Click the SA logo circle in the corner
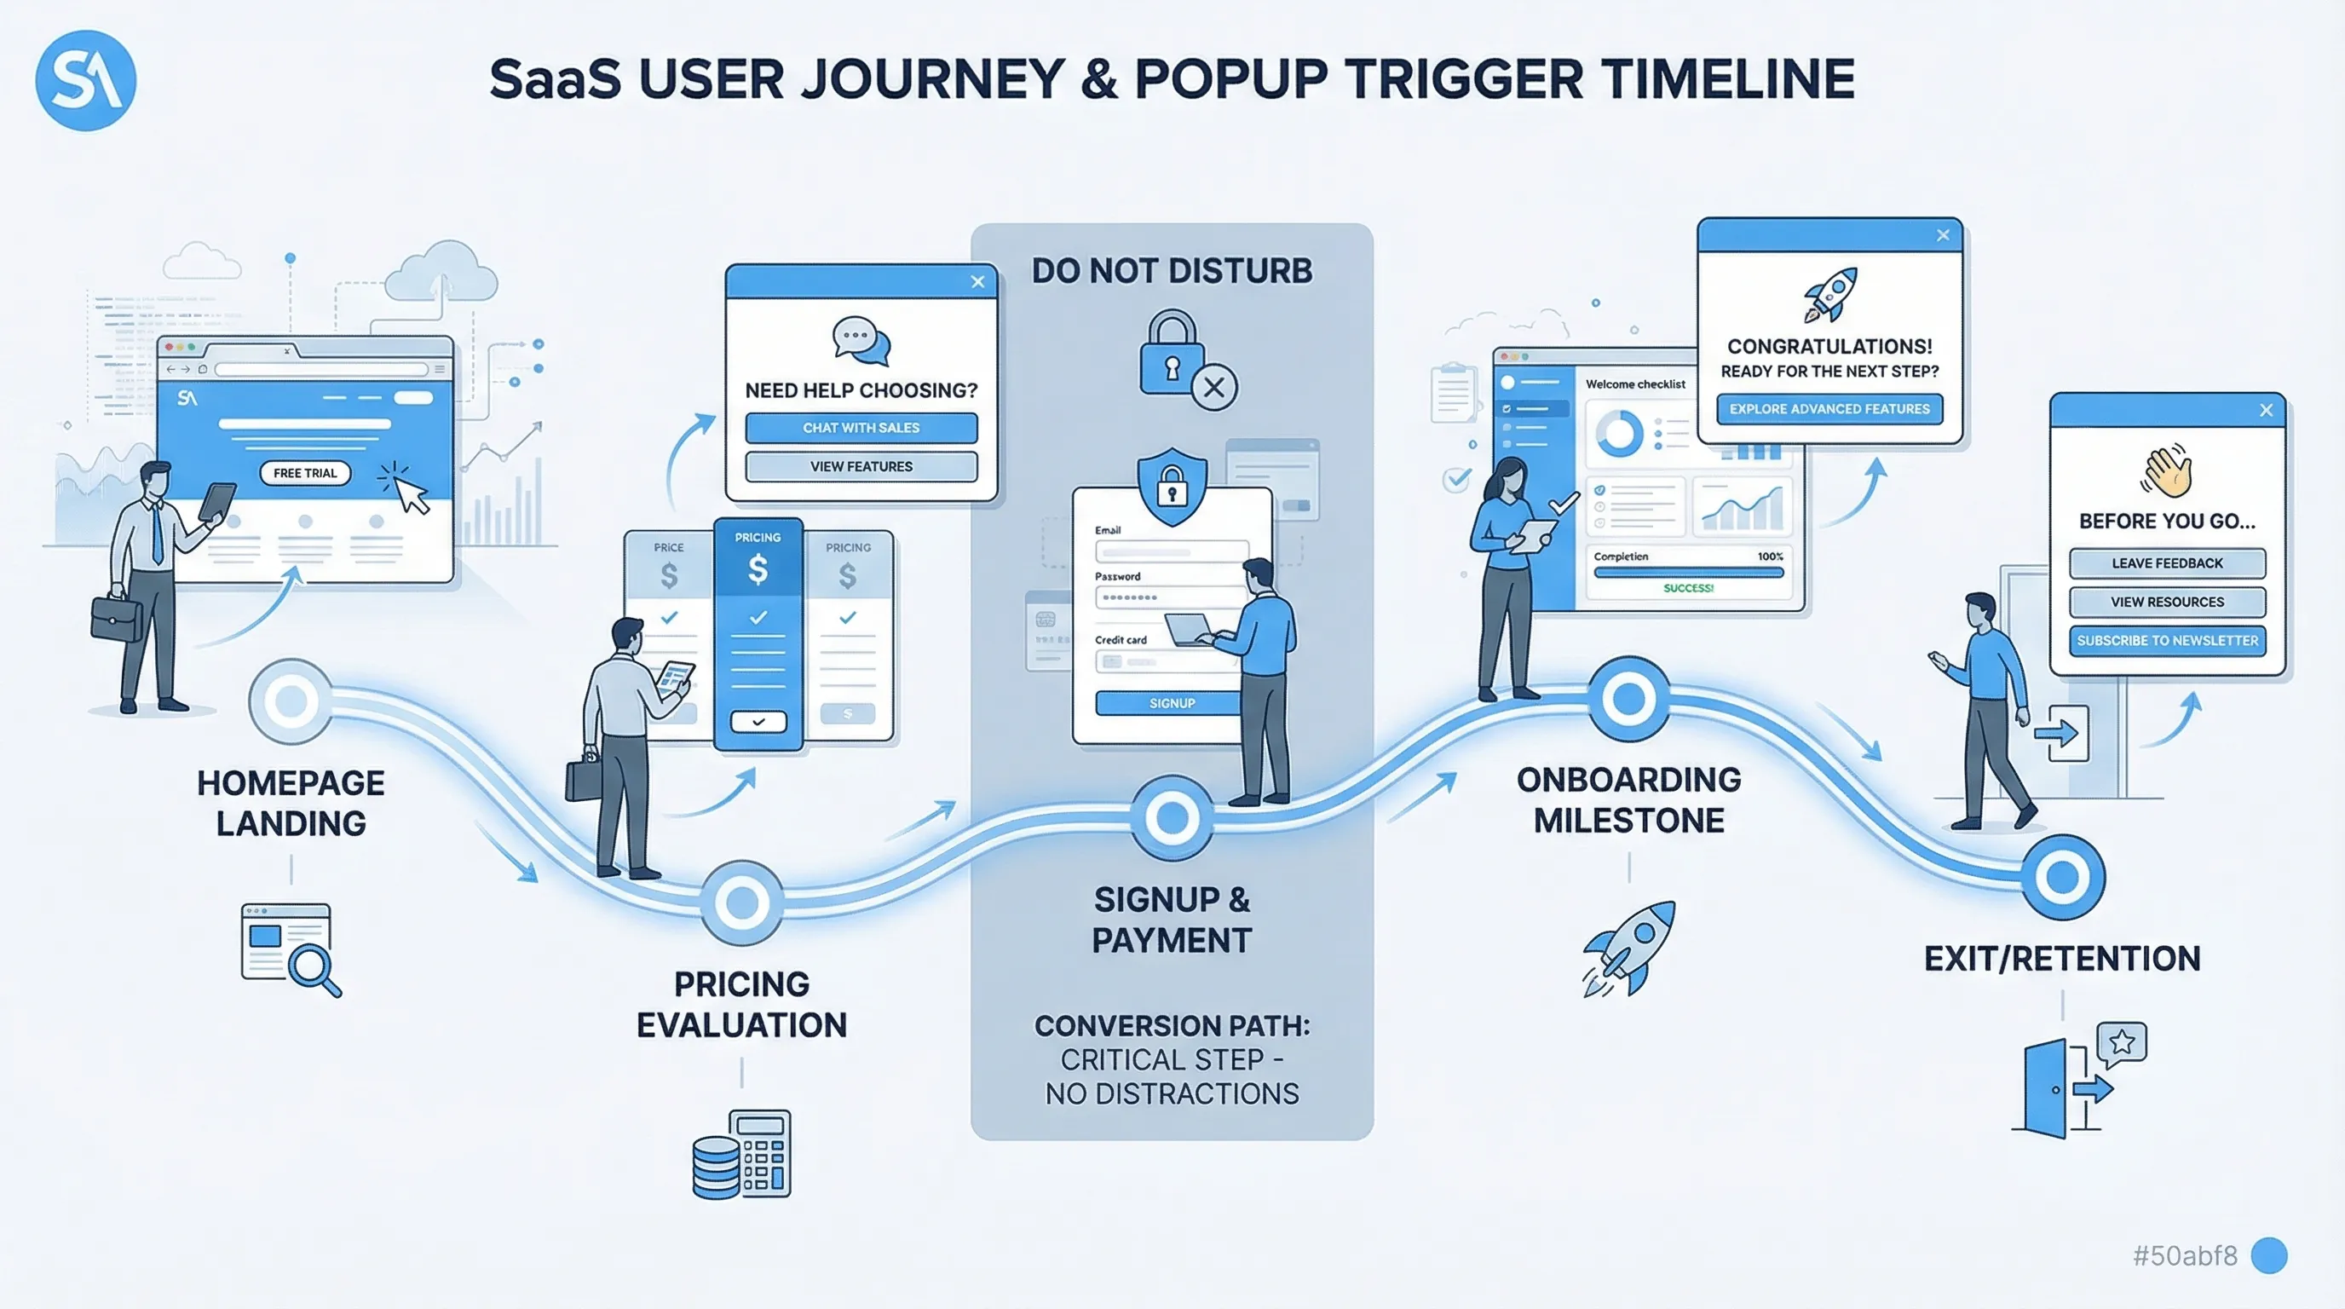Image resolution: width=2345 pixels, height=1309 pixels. pyautogui.click(x=85, y=80)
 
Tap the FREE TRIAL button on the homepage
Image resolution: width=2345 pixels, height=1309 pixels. pyautogui.click(x=305, y=472)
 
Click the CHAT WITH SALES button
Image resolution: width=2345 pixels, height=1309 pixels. pyautogui.click(x=861, y=428)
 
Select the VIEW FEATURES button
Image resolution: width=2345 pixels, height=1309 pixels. pyautogui.click(x=861, y=466)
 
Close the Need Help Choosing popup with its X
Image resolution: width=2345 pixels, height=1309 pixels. pyautogui.click(x=977, y=281)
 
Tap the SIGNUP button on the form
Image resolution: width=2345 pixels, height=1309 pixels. pyautogui.click(x=1171, y=703)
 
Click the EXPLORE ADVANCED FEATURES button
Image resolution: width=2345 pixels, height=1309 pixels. pyautogui.click(x=1829, y=409)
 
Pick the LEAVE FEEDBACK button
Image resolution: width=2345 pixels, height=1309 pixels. pyautogui.click(x=2167, y=562)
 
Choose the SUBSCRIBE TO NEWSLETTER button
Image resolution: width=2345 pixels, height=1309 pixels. pyautogui.click(x=2167, y=640)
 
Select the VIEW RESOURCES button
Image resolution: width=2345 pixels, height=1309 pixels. pyautogui.click(x=2167, y=602)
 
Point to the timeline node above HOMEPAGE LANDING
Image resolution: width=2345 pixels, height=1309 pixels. pyautogui.click(x=291, y=701)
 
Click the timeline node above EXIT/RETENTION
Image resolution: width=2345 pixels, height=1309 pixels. pyautogui.click(x=2062, y=877)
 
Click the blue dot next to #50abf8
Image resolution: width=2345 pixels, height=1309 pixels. pyautogui.click(x=2268, y=1255)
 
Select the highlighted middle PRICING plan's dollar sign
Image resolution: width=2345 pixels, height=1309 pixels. pyautogui.click(x=758, y=570)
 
